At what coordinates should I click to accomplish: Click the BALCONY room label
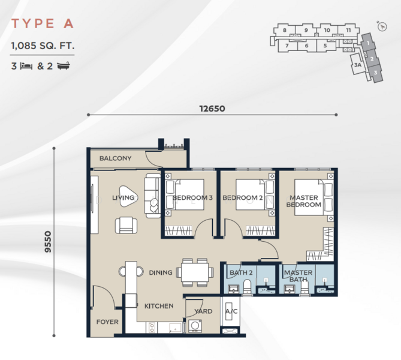pos(115,158)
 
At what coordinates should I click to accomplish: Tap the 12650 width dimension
pos(212,109)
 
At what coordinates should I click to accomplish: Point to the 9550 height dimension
pos(48,242)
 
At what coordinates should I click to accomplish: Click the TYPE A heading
pos(43,23)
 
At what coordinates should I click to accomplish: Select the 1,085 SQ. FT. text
pos(43,46)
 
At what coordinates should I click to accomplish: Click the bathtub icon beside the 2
pos(64,66)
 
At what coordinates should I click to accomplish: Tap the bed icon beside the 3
pos(26,66)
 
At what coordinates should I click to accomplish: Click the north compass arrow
pos(382,26)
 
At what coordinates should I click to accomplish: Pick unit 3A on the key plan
pos(357,65)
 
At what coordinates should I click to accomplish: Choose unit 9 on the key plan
pos(306,30)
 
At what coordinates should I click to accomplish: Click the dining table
pos(195,272)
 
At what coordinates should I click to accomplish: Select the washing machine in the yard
pos(195,326)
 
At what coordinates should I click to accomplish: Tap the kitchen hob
pos(152,328)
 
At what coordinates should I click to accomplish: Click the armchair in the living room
pos(126,226)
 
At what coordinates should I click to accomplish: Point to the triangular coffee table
pos(128,196)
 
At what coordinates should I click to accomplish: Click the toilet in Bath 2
pos(248,287)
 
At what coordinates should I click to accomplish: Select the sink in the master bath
pos(290,289)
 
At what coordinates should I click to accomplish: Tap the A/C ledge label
pos(231,311)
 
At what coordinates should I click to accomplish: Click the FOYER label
pos(107,322)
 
